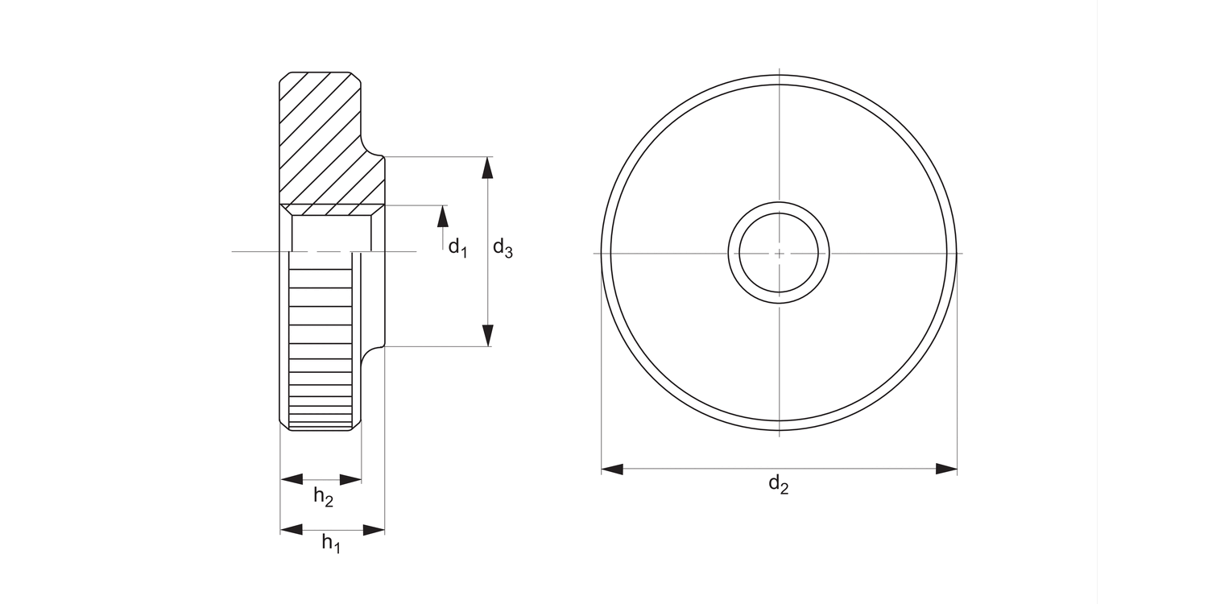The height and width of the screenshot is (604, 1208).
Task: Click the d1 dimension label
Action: click(x=457, y=247)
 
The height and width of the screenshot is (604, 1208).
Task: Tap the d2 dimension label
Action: click(x=778, y=484)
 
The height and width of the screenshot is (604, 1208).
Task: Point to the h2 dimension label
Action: click(x=323, y=497)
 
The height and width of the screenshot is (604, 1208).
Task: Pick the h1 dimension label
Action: click(x=331, y=544)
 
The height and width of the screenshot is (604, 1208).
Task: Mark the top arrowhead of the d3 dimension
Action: click(x=487, y=167)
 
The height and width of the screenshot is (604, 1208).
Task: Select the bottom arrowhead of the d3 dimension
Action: click(x=487, y=336)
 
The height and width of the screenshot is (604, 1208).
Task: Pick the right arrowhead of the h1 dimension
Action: click(x=374, y=530)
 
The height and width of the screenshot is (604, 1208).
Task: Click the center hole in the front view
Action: click(x=779, y=254)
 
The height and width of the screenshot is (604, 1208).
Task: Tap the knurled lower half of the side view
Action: click(x=321, y=346)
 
